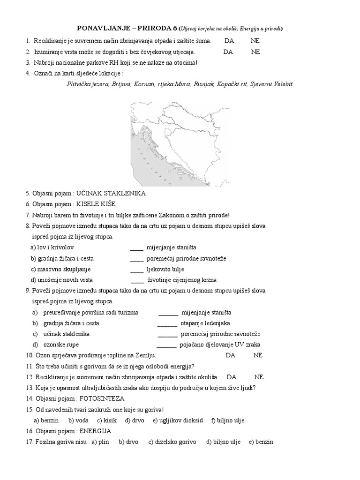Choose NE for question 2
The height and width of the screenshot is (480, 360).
[255, 52]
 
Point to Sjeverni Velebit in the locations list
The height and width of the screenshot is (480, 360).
[271, 84]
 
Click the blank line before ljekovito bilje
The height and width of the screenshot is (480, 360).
[136, 269]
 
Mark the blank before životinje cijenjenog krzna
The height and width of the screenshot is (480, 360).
[137, 280]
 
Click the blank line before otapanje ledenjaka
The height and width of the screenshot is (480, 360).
[167, 323]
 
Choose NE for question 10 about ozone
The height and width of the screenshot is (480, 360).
[258, 355]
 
